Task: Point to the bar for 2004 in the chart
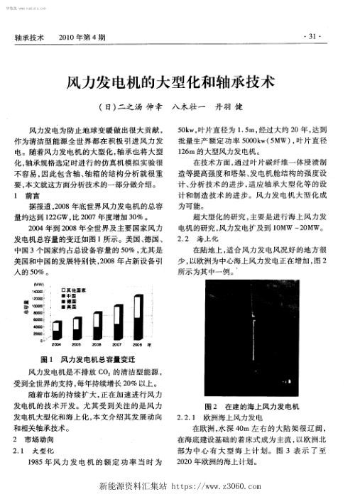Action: [x=57, y=333]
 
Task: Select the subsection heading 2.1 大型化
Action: [x=39, y=450]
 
